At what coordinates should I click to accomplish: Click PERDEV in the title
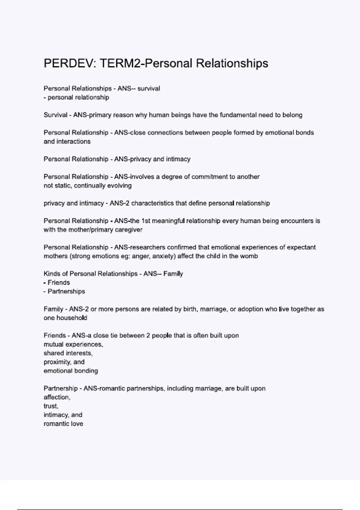tap(68, 63)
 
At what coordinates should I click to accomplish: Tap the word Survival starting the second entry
tap(55, 115)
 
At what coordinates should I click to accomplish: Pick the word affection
tap(57, 397)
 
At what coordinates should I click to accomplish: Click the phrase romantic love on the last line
tap(63, 424)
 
